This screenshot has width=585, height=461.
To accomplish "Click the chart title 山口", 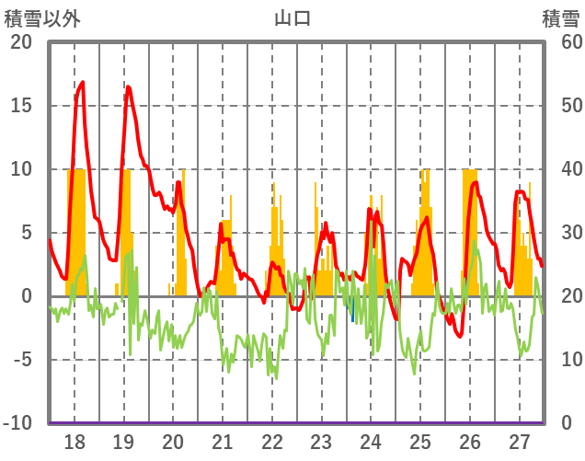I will pyautogui.click(x=292, y=17).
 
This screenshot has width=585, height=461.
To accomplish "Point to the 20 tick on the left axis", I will pyautogui.click(x=21, y=42).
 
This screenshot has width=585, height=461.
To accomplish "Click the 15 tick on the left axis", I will pyautogui.click(x=21, y=106).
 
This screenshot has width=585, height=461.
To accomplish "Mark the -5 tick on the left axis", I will pyautogui.click(x=21, y=360).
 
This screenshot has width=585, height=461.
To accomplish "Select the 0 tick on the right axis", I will pyautogui.click(x=565, y=423).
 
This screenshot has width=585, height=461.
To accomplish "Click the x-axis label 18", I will pyautogui.click(x=75, y=441).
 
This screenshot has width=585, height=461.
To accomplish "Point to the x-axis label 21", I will pyautogui.click(x=223, y=441).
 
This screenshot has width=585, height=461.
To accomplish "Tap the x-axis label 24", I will pyautogui.click(x=371, y=441).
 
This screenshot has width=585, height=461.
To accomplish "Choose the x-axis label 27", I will pyautogui.click(x=520, y=441).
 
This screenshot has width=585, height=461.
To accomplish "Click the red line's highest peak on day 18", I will pyautogui.click(x=83, y=83).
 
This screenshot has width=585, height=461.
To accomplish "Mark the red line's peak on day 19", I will pyautogui.click(x=128, y=86).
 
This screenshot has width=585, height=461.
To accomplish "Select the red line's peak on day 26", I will pyautogui.click(x=476, y=182).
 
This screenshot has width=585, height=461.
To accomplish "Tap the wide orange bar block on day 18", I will pyautogui.click(x=76, y=230).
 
